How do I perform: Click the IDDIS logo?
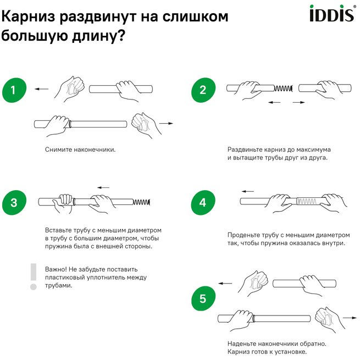pos(331,14)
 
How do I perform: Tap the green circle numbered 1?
pos(14,91)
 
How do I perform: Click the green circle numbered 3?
pos(14,203)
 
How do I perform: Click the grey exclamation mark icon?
pos(33,276)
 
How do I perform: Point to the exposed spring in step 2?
pos(284,88)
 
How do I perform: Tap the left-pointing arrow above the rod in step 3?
pos(102,187)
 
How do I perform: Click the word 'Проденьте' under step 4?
pos(243,234)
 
